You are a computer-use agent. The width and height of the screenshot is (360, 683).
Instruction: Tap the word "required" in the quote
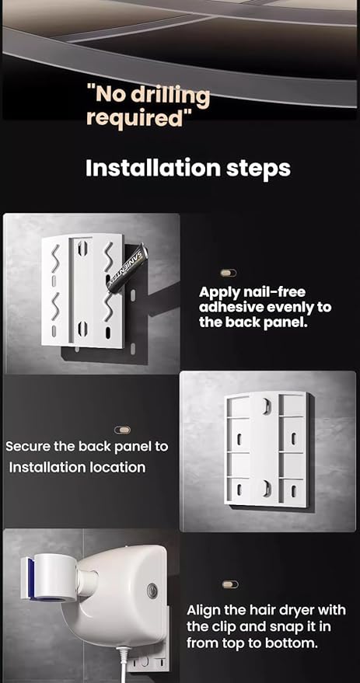(135, 118)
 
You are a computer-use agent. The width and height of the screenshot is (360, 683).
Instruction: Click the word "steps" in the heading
(258, 169)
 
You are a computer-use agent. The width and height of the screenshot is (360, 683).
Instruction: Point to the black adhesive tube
(128, 268)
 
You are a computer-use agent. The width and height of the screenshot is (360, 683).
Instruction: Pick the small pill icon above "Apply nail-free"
(229, 273)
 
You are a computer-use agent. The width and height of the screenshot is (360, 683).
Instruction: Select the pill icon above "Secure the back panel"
(123, 430)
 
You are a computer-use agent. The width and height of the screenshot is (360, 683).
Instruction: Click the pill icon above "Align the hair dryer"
(230, 584)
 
